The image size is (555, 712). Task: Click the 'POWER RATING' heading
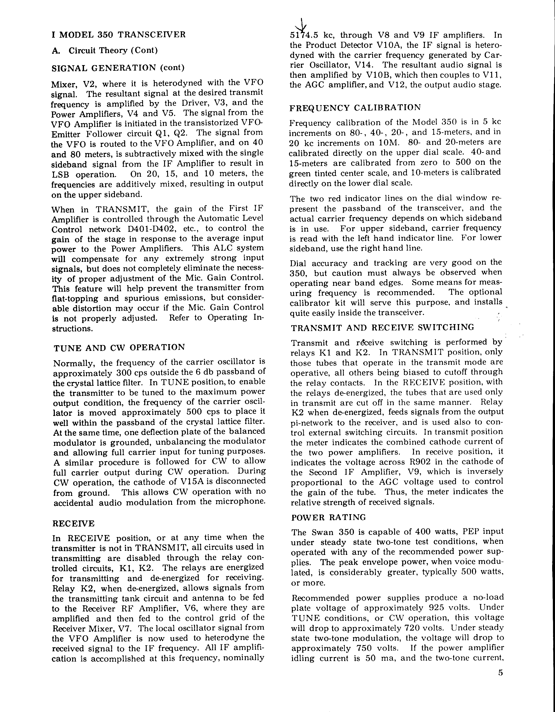328,517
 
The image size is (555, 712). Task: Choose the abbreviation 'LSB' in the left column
61,174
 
